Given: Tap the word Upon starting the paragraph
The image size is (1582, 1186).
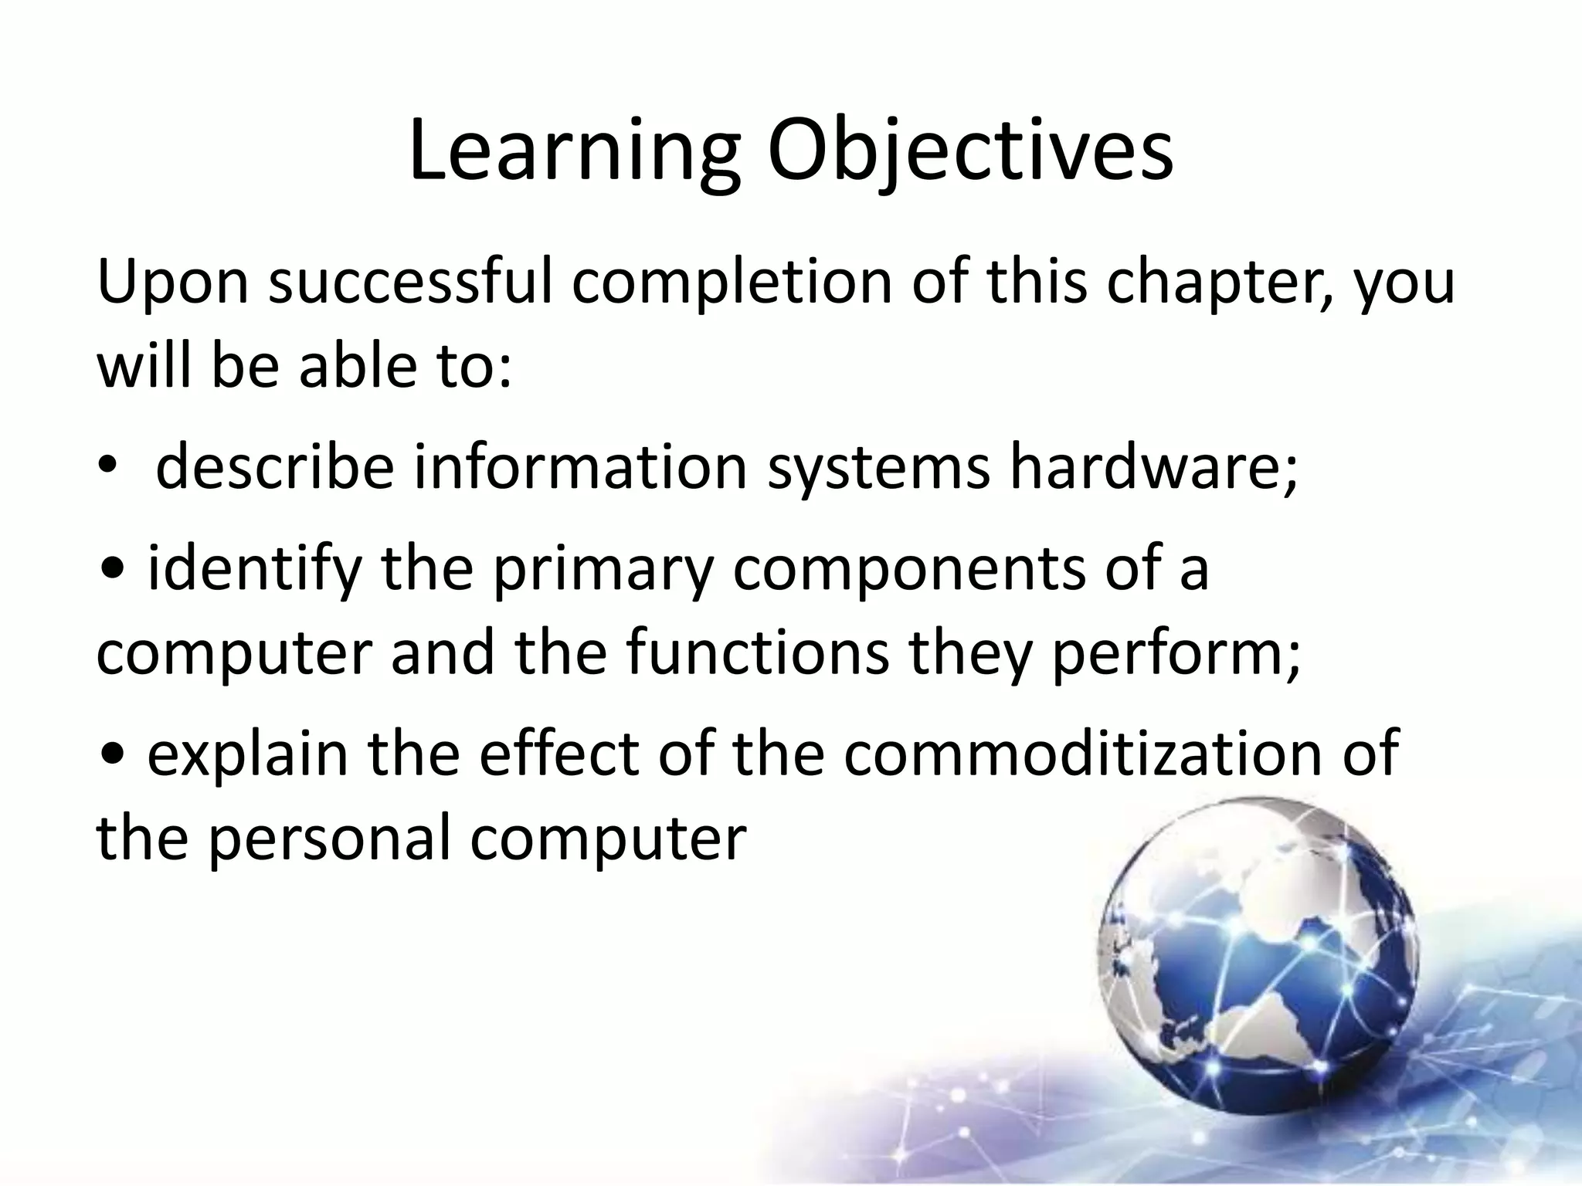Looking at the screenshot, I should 172,284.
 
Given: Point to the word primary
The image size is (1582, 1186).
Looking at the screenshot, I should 602,571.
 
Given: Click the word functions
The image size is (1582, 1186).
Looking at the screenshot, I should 757,652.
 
